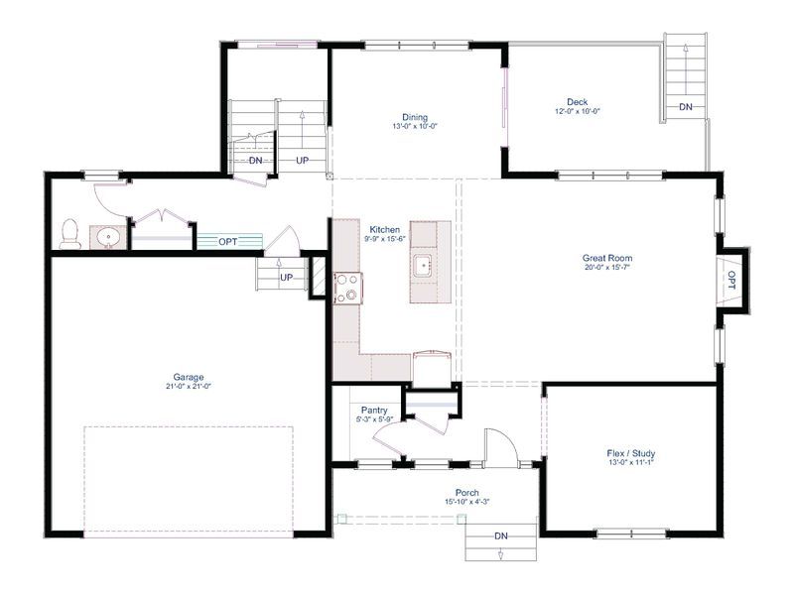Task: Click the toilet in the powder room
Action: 70,234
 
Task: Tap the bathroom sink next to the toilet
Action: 108,237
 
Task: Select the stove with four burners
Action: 348,288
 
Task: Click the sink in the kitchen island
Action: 424,265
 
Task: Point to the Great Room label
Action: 607,258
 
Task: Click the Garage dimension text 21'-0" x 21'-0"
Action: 189,386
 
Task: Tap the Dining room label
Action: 415,117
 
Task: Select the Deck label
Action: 578,102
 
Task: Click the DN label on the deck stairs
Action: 686,107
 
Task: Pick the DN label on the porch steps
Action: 501,535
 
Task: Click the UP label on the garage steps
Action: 287,278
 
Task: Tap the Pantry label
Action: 374,411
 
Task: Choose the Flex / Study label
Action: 631,453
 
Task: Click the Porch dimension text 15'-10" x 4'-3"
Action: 466,502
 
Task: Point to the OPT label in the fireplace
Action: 731,281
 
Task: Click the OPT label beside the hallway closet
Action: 228,242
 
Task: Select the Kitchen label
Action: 384,230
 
